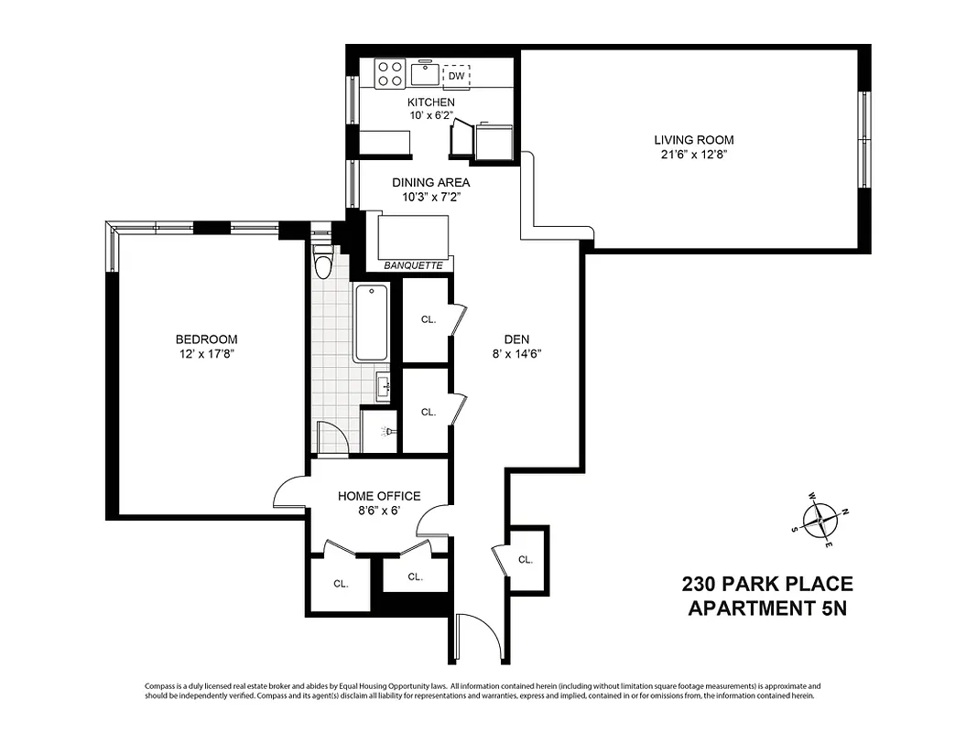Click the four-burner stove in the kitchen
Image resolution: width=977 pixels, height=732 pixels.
[x=391, y=73]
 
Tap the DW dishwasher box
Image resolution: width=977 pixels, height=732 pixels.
[x=455, y=76]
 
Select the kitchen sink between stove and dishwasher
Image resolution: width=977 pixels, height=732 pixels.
[x=424, y=72]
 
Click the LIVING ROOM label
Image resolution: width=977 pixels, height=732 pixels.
[x=693, y=140]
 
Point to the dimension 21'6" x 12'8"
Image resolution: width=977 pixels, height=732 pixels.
[x=693, y=155]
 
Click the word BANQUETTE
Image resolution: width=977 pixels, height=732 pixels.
[x=413, y=265]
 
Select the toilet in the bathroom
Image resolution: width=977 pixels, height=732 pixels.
[x=322, y=261]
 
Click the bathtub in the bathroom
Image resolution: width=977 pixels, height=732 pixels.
[x=371, y=323]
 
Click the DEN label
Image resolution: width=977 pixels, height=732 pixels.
[x=517, y=337]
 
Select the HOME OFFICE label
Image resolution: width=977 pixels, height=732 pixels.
[x=379, y=496]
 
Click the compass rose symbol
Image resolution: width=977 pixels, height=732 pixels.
[x=821, y=520]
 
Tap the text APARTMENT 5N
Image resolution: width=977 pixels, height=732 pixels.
[x=766, y=608]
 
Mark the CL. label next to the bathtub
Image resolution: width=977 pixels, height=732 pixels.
[x=428, y=319]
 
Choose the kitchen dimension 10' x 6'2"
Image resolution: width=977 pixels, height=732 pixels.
[x=430, y=116]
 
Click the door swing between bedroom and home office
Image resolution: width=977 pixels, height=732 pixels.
[x=291, y=494]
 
